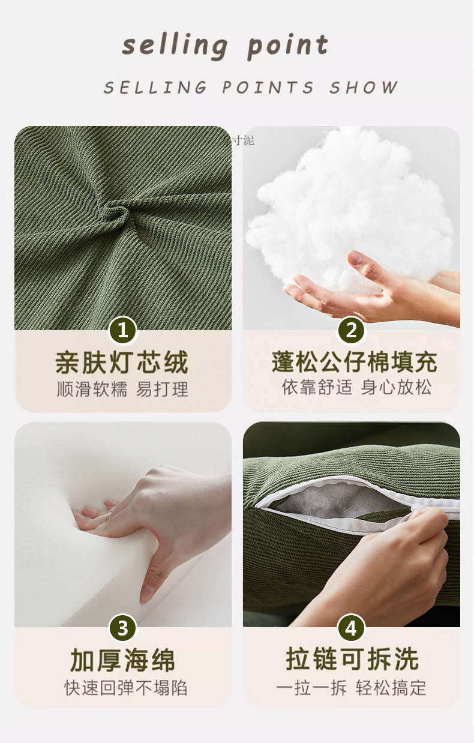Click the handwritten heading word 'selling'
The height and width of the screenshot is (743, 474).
pos(175,46)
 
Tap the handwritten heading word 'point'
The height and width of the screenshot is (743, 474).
pos(288,46)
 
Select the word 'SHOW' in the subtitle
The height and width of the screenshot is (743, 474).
pos(363,88)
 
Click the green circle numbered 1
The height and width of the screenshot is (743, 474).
pos(123,330)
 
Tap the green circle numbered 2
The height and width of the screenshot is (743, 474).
pos(351,330)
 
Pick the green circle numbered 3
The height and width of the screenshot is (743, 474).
pos(123,628)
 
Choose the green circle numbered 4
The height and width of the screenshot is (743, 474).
pos(351,628)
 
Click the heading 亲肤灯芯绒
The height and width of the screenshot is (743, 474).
pos(122,362)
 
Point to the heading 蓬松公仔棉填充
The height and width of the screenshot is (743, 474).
pos(354,362)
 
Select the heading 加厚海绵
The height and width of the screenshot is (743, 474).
pos(122,660)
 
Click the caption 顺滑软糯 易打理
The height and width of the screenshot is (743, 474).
pos(122,389)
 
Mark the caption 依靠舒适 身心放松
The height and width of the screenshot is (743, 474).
pos(356,387)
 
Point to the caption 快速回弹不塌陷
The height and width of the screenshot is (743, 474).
pos(125,688)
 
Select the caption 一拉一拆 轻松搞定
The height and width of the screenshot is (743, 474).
pos(352,688)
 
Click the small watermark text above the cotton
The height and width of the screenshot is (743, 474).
pos(242,140)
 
